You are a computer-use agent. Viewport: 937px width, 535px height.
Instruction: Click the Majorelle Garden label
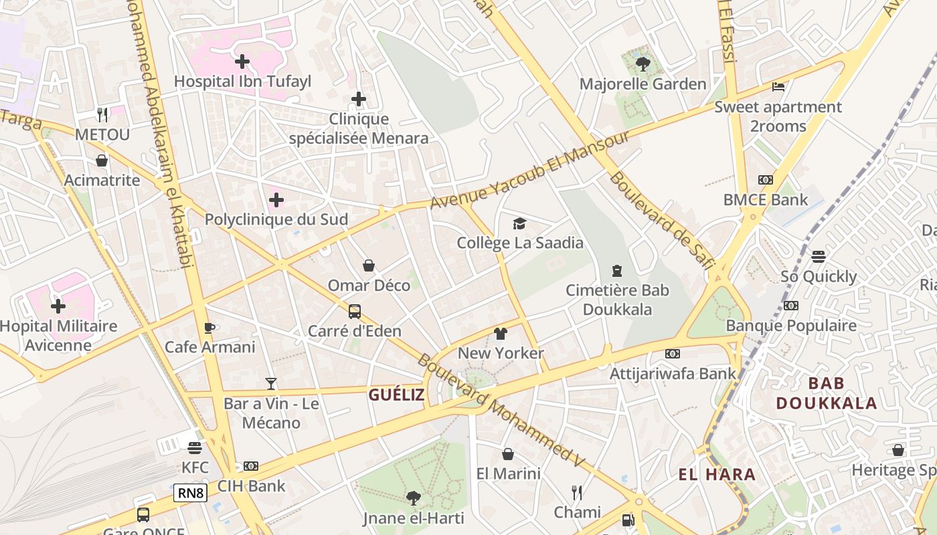[643, 84]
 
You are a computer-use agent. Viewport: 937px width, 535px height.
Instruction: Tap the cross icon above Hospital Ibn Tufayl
[242, 62]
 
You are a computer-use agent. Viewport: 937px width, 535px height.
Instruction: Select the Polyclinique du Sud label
[276, 219]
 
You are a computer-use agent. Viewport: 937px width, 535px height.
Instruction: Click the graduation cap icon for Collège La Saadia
[519, 223]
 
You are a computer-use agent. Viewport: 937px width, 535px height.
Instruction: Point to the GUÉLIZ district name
[396, 395]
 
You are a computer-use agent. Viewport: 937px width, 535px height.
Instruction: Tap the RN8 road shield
[190, 494]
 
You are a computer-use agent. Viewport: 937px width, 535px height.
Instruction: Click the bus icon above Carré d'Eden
[355, 311]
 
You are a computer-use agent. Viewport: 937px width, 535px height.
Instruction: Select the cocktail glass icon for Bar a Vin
[270, 383]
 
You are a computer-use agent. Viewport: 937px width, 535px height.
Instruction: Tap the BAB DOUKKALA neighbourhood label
[826, 393]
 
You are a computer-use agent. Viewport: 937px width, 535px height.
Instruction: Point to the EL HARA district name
[717, 475]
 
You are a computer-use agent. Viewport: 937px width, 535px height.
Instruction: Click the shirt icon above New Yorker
[501, 334]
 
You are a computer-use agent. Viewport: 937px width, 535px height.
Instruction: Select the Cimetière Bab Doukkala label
[617, 300]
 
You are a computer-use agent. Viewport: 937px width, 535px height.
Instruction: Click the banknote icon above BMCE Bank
[766, 180]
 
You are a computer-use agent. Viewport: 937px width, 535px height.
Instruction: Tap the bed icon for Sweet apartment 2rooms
[778, 87]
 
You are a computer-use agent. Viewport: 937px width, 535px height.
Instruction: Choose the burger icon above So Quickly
[818, 257]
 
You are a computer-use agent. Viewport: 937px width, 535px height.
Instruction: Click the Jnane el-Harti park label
[413, 518]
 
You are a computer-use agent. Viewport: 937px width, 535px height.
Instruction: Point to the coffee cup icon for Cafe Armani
[209, 328]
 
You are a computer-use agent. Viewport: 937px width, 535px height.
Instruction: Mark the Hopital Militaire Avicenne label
[58, 336]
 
